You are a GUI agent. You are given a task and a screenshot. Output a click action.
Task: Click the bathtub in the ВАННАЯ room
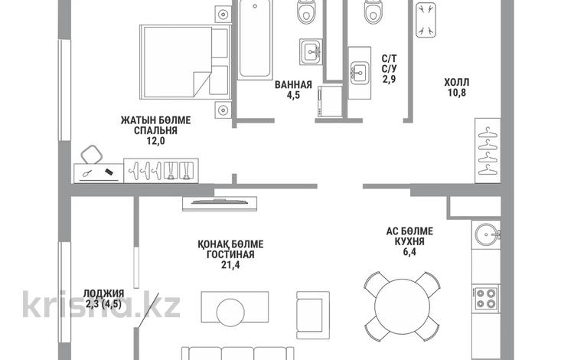pyautogui.click(x=255, y=40)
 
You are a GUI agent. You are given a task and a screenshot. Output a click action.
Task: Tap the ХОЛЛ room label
pyautogui.click(x=456, y=82)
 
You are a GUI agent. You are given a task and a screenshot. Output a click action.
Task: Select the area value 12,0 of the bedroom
pyautogui.click(x=156, y=141)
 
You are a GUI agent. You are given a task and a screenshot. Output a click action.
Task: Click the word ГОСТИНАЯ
pyautogui.click(x=230, y=254)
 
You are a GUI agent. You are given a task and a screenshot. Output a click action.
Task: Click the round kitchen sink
pyautogui.click(x=487, y=234)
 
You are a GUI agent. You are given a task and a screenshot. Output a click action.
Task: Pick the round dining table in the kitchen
pyautogui.click(x=402, y=306)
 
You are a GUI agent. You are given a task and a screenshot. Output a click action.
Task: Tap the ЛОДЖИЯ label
pyautogui.click(x=103, y=293)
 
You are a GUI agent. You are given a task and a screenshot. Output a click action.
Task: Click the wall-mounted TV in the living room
pyautogui.click(x=220, y=203)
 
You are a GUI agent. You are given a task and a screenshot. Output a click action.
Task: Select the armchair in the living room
pyautogui.click(x=313, y=316)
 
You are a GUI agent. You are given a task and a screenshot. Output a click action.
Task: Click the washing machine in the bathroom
pyautogui.click(x=330, y=101)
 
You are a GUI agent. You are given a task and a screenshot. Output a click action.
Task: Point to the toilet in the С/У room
pyautogui.click(x=373, y=11)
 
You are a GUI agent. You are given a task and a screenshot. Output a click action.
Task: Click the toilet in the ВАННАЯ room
pyautogui.click(x=307, y=11)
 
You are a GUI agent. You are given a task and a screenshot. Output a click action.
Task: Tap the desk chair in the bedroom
pyautogui.click(x=92, y=154)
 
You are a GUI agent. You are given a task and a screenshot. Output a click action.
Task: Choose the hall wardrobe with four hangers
pyautogui.click(x=488, y=151)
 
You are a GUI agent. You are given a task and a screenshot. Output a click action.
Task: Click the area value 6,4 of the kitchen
pyautogui.click(x=409, y=252)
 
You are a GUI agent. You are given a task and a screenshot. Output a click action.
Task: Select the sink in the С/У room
pyautogui.click(x=359, y=73)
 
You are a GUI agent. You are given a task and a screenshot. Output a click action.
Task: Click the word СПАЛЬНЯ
pyautogui.click(x=155, y=130)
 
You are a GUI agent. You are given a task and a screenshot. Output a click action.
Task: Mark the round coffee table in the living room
pyautogui.click(x=230, y=313)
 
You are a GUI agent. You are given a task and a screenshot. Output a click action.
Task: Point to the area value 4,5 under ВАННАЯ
pyautogui.click(x=293, y=95)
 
